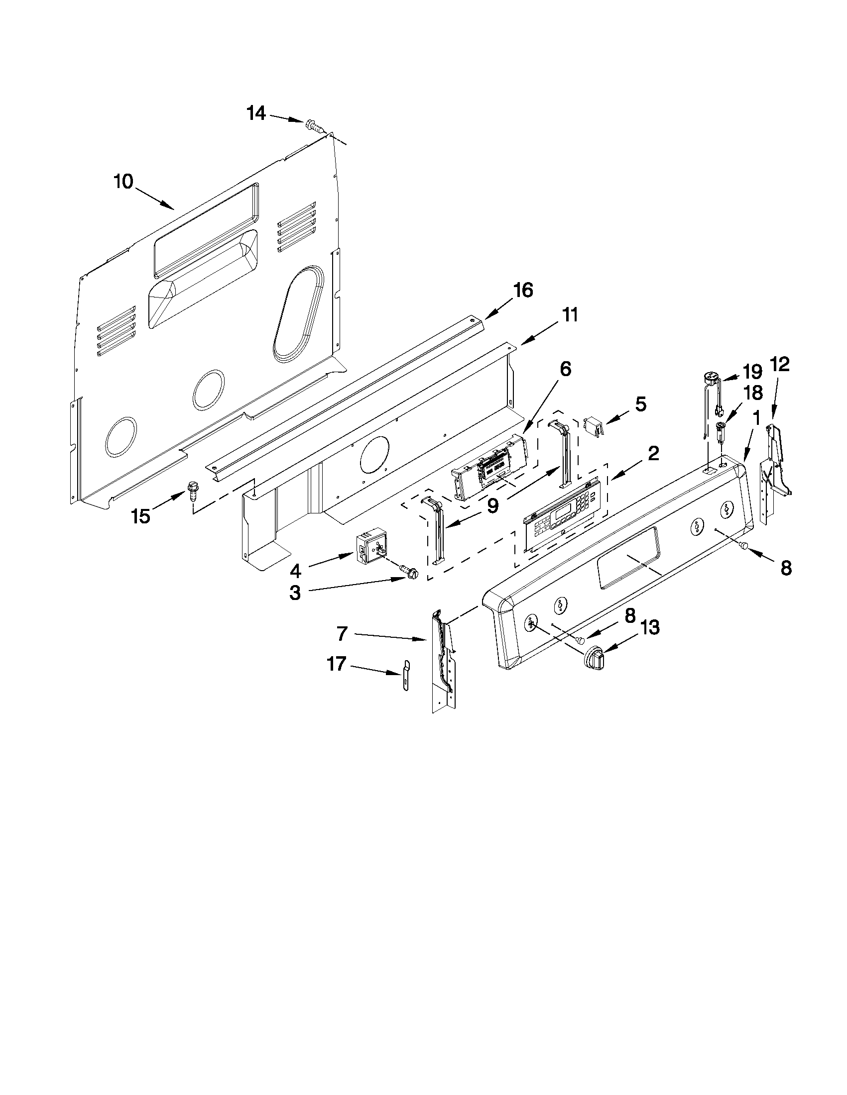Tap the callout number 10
point(123,182)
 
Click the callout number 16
point(522,291)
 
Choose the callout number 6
point(565,369)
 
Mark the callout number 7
point(342,634)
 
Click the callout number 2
point(653,453)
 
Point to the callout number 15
point(141,515)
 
